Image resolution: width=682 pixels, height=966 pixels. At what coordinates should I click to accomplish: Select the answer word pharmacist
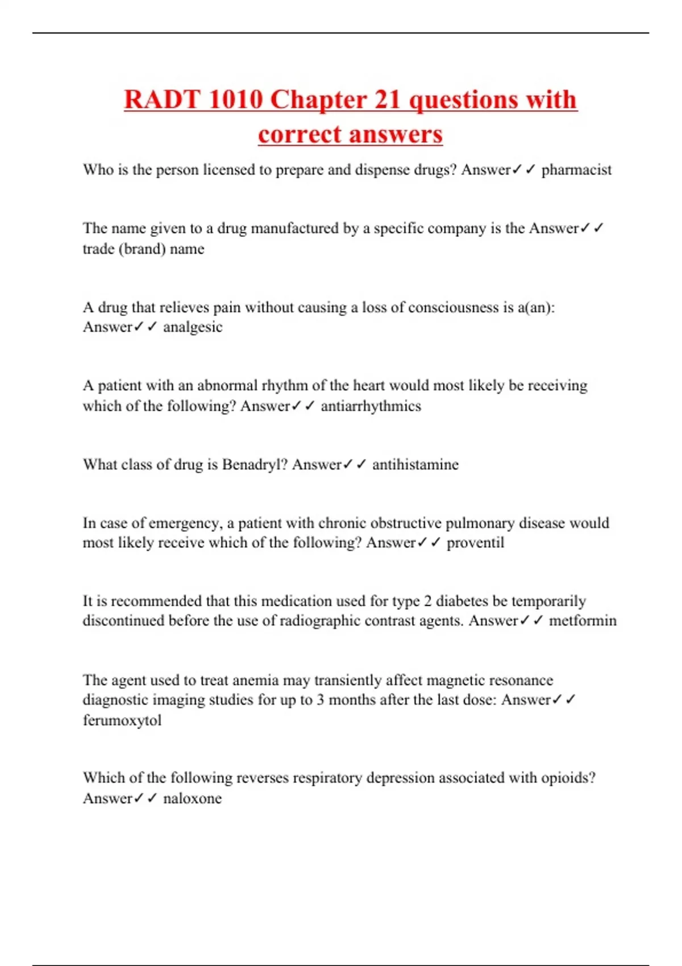point(576,170)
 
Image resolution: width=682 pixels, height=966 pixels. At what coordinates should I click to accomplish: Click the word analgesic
point(193,327)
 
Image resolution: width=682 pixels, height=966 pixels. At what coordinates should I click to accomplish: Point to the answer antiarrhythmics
point(371,406)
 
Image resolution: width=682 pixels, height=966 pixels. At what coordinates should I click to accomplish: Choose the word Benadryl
point(254,465)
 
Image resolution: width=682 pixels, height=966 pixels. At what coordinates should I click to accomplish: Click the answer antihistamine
point(415,465)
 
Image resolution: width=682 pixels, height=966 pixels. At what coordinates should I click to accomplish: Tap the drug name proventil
point(475,543)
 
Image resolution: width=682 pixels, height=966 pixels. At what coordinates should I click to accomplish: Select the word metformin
point(583,621)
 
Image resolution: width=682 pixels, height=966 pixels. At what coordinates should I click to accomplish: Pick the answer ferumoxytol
point(122,721)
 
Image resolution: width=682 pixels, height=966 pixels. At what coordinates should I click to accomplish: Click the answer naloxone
point(192,798)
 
